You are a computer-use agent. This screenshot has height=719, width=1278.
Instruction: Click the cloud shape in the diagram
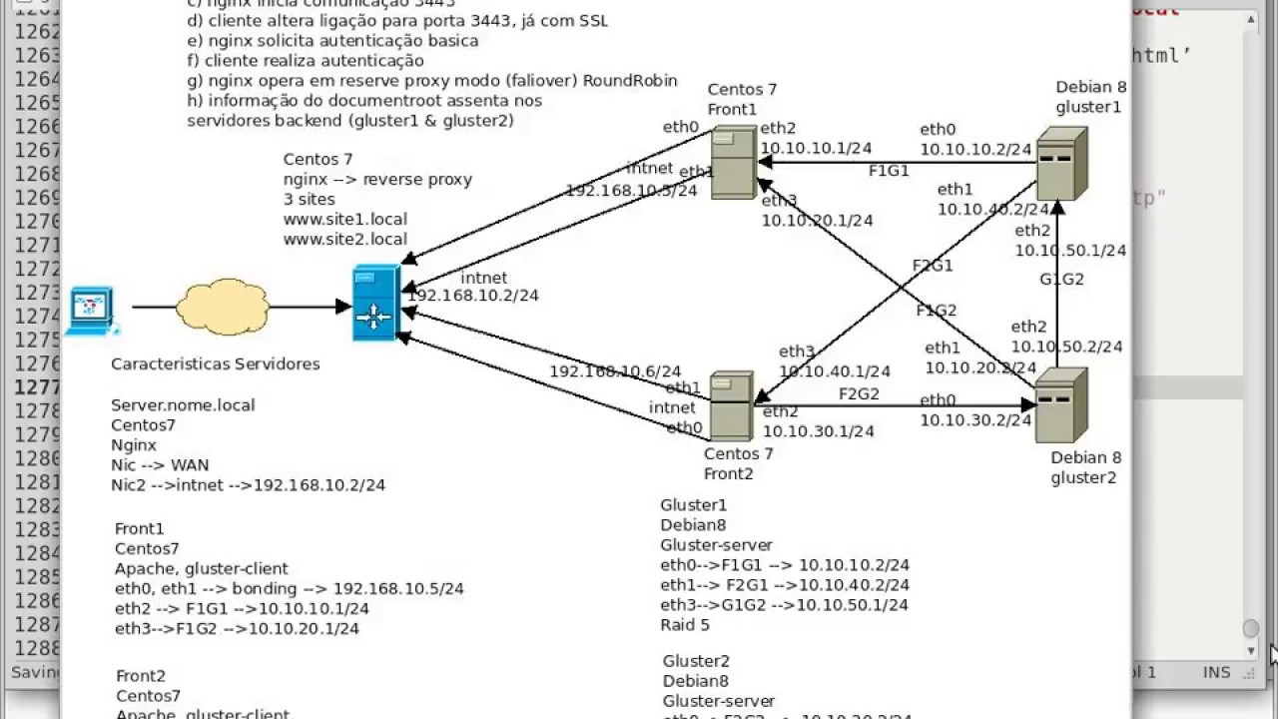click(223, 306)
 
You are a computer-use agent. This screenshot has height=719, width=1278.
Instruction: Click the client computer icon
click(93, 310)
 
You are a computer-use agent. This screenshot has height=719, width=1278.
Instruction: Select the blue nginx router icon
click(375, 304)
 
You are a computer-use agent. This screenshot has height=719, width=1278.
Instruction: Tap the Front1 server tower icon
click(733, 164)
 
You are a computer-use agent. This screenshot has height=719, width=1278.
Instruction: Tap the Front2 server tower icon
click(731, 405)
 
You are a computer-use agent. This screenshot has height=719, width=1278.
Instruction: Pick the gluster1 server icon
click(1060, 163)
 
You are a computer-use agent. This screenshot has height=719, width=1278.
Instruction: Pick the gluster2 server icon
click(1060, 404)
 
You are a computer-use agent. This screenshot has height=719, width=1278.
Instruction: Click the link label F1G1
click(889, 171)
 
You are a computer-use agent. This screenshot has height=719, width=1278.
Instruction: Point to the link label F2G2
click(859, 394)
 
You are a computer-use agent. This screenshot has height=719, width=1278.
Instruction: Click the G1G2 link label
click(1061, 280)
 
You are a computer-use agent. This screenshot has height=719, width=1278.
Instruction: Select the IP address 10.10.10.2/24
click(975, 150)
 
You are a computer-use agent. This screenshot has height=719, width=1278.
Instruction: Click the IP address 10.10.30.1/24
click(818, 431)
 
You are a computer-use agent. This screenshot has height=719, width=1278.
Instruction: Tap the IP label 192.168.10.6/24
click(615, 371)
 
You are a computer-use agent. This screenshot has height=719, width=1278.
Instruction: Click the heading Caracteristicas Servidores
click(216, 364)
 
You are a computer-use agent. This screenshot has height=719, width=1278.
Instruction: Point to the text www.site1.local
click(345, 219)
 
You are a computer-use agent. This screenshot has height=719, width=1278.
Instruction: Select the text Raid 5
click(685, 625)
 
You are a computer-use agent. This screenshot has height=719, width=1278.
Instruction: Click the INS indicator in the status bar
click(1216, 672)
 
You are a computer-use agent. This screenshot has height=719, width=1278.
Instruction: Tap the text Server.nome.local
click(183, 405)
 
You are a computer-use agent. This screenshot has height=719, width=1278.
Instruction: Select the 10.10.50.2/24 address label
click(1066, 347)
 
